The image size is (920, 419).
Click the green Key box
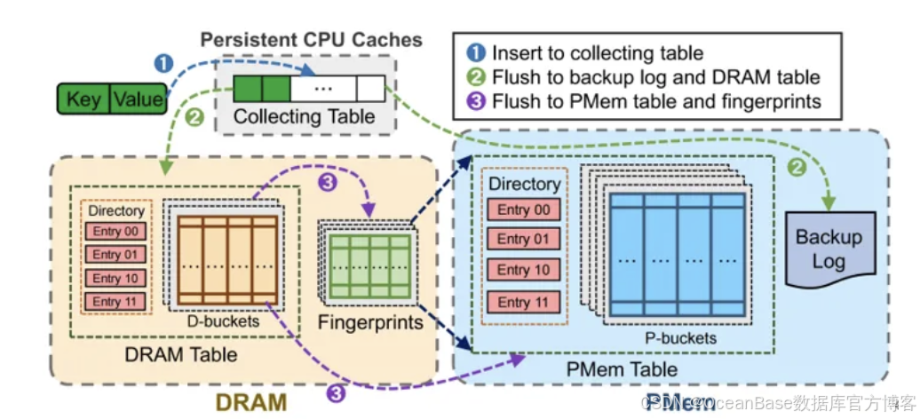tap(83, 98)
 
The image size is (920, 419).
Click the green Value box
tap(138, 98)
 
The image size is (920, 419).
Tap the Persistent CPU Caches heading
tap(311, 40)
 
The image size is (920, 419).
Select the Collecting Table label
tap(305, 116)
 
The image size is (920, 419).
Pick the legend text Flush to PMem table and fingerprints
tap(656, 100)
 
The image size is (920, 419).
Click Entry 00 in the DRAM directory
tap(116, 232)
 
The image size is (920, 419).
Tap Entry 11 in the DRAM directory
tap(116, 302)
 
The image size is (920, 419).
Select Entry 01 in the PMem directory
tap(524, 239)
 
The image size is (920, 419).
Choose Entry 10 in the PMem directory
tap(524, 270)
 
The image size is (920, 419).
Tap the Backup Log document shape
tap(828, 249)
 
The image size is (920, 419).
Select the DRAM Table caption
tap(182, 354)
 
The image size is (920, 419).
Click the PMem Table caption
tap(622, 368)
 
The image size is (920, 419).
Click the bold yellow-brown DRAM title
tap(251, 401)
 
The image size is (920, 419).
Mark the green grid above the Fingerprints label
tap(369, 264)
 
